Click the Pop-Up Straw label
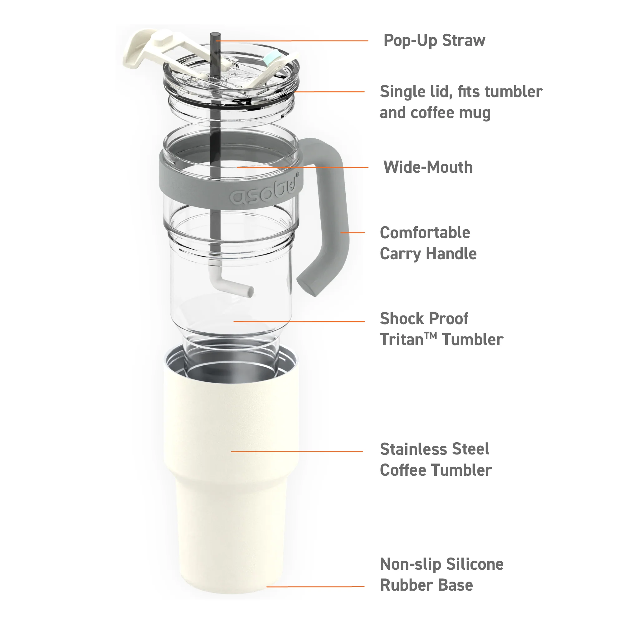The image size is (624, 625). (434, 41)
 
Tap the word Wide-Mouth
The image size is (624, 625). (428, 167)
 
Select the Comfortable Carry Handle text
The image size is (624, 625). (428, 243)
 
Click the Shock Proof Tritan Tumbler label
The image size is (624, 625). (441, 329)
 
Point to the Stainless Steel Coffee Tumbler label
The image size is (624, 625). (436, 459)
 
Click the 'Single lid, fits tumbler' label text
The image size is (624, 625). (461, 92)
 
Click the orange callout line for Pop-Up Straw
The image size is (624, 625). (292, 41)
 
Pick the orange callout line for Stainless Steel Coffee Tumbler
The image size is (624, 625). (297, 451)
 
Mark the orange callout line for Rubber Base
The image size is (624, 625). (315, 587)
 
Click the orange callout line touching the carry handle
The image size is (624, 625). (352, 233)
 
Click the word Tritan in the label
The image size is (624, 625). (402, 339)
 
